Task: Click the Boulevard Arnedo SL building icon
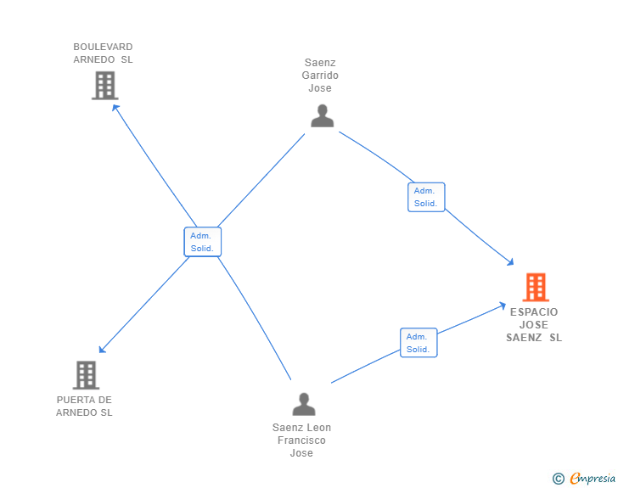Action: point(104,86)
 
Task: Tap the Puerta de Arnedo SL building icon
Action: point(86,374)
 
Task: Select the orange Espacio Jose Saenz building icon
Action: point(536,287)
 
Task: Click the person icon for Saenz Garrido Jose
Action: point(322,115)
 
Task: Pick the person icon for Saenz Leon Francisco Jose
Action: point(303,404)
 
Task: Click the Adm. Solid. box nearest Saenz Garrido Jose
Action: point(425,197)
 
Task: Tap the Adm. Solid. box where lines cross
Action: point(202,242)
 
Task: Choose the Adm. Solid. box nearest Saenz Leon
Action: point(419,342)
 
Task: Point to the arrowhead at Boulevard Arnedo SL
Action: point(115,107)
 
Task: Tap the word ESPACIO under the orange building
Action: point(534,312)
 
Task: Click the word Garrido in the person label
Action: point(320,76)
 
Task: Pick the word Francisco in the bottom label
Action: point(301,440)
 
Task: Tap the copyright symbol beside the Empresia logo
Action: point(559,479)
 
